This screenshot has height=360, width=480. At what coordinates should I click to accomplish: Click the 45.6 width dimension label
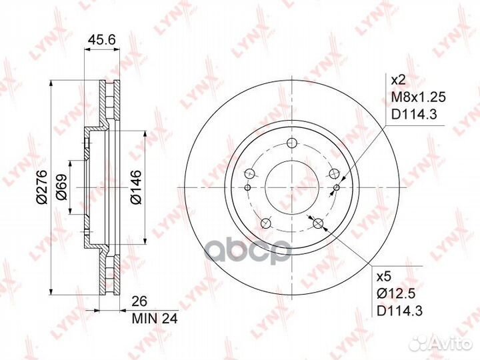tap(101, 40)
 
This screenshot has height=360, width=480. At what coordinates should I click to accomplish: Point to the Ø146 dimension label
tap(135, 187)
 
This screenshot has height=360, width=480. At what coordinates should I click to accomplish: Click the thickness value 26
tap(139, 301)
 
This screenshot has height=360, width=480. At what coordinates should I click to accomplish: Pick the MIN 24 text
tap(155, 319)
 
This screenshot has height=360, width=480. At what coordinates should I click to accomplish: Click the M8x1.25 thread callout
tap(419, 97)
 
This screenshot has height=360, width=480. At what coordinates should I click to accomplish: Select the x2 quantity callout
tap(399, 80)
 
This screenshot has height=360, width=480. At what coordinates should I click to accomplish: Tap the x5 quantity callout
tap(384, 277)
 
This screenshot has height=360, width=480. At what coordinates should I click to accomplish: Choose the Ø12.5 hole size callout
tap(396, 294)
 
